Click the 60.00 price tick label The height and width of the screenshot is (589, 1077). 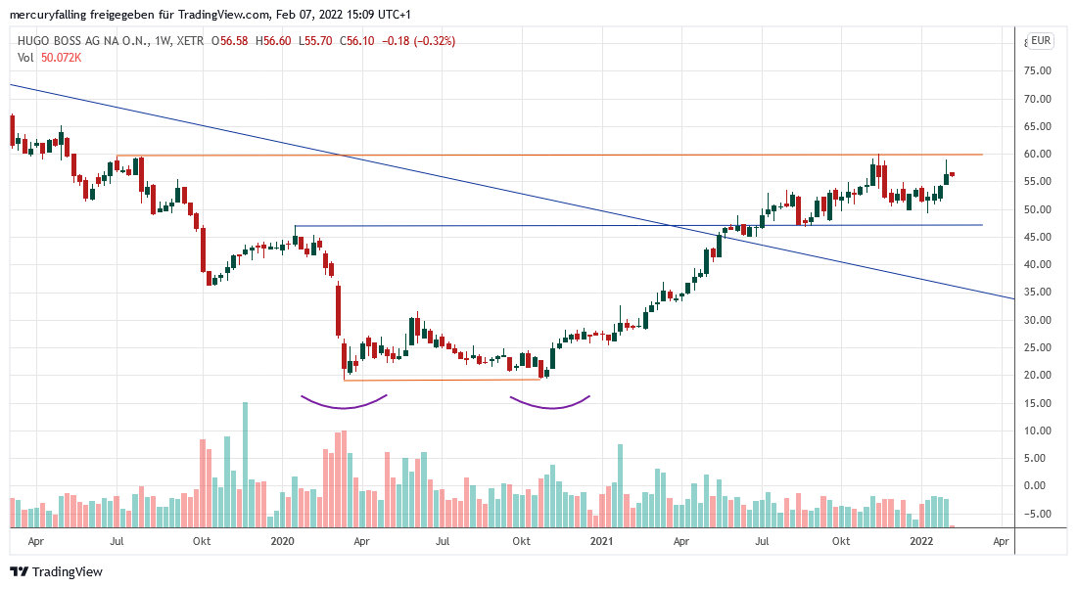[x=1037, y=155]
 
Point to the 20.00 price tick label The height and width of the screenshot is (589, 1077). [x=1037, y=376]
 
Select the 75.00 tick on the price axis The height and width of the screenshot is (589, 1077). [x=1037, y=71]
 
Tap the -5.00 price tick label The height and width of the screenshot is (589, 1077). [x=1037, y=514]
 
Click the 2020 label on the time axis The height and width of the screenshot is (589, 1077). [x=282, y=540]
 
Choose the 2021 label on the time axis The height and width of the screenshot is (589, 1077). [x=601, y=540]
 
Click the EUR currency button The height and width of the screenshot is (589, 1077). [x=1041, y=41]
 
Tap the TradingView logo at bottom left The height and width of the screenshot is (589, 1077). [x=56, y=571]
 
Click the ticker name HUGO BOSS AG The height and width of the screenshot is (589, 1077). [x=68, y=41]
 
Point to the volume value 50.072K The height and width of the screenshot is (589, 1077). [x=61, y=58]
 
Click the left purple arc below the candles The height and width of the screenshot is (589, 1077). [x=344, y=402]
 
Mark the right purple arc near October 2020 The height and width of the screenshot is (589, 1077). [x=549, y=403]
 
